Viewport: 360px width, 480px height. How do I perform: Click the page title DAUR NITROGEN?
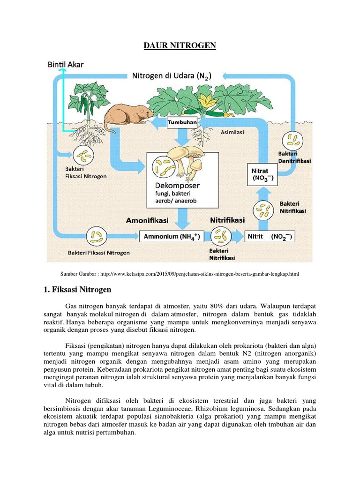coord(180,45)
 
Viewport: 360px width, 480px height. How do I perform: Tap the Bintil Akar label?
coord(66,65)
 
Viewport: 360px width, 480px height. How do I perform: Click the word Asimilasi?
coord(232,133)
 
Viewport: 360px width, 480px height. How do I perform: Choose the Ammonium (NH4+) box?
coord(172,237)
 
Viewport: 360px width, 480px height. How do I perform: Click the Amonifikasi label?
coord(147,220)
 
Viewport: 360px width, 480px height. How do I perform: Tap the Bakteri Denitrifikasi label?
coord(294,157)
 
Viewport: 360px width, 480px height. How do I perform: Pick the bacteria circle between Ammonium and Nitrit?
coord(220,237)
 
